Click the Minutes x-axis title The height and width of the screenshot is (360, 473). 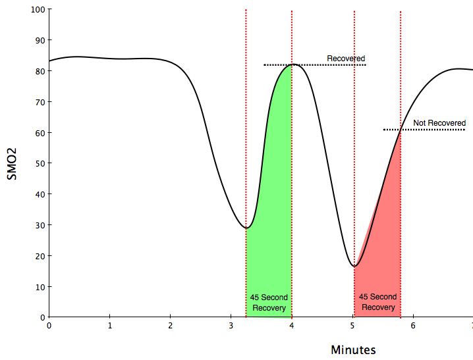tap(353, 349)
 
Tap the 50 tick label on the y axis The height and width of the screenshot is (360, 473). tap(38, 163)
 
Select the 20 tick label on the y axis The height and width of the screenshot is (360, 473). tap(38, 255)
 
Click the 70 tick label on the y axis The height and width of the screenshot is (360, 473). tap(38, 102)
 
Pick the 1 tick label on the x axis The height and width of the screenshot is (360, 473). tap(110, 325)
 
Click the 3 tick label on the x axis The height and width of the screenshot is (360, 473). tap(231, 325)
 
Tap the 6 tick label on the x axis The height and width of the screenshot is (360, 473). tap(413, 325)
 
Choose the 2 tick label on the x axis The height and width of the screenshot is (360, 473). tap(171, 325)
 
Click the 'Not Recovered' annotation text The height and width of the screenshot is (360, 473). tap(439, 123)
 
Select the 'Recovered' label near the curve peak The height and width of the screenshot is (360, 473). tap(346, 59)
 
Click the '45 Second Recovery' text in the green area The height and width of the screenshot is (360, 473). tap(269, 302)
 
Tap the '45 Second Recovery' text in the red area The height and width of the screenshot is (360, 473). tap(378, 302)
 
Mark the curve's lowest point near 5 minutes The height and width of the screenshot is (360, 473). tap(354, 266)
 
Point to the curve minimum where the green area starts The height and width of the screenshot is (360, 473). tap(246, 228)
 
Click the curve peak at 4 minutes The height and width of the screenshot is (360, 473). tap(292, 64)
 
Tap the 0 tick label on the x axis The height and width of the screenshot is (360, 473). tap(49, 325)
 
